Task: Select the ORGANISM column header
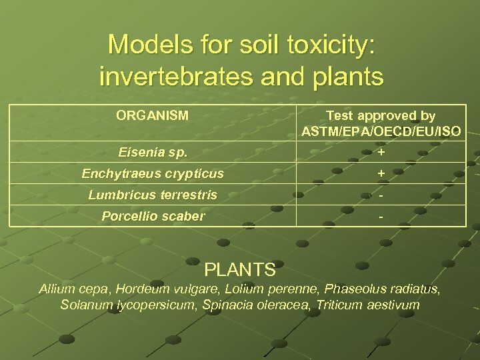(152, 115)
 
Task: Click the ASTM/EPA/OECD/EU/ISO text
(381, 132)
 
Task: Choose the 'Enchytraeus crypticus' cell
(153, 174)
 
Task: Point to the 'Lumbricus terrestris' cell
(153, 195)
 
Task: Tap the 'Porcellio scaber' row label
(153, 217)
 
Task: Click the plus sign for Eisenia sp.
(381, 153)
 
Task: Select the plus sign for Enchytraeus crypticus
(381, 174)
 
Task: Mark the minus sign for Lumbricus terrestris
(381, 196)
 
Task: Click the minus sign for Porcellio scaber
(381, 217)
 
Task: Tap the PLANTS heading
(240, 270)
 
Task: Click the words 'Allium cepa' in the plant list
(75, 289)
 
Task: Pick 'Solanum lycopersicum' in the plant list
(119, 305)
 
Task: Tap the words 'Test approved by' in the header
(381, 115)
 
